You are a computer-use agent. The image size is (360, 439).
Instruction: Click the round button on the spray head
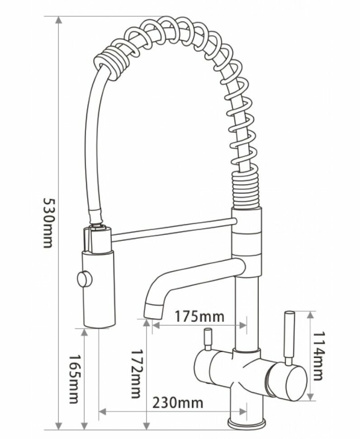click(84, 277)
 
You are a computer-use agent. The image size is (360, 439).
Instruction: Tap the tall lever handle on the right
click(288, 337)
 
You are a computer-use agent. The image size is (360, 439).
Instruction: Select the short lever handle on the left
click(208, 339)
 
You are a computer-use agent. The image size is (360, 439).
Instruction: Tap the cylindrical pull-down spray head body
click(99, 290)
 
